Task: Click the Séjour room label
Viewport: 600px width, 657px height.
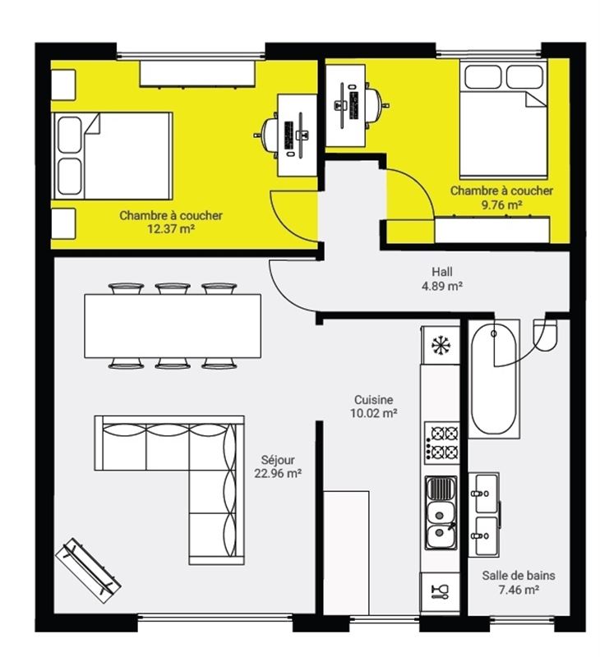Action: tap(278, 460)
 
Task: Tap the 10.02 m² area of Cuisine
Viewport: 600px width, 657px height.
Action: tap(374, 413)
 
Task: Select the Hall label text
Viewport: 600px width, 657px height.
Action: tap(442, 272)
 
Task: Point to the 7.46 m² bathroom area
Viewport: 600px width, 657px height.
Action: tap(519, 590)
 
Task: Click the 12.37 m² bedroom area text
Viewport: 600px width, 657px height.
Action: tap(171, 229)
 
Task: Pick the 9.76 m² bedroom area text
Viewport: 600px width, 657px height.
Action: tap(501, 204)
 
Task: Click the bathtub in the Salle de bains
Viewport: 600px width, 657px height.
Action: tap(493, 379)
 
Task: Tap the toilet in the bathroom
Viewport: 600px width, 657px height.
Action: tap(546, 336)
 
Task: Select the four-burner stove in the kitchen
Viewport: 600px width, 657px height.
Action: tap(441, 443)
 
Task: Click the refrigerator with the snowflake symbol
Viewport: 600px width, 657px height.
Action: tap(441, 345)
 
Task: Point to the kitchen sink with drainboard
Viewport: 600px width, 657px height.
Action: tap(441, 512)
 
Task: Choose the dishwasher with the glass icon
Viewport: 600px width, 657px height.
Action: tap(441, 591)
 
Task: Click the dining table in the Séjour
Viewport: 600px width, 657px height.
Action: tap(173, 326)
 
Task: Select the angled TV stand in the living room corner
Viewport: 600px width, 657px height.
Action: tap(89, 571)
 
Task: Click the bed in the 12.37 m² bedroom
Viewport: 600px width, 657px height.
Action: tap(113, 155)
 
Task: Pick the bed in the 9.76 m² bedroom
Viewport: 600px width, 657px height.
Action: tap(503, 119)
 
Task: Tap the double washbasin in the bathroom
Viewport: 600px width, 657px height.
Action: tap(485, 515)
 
